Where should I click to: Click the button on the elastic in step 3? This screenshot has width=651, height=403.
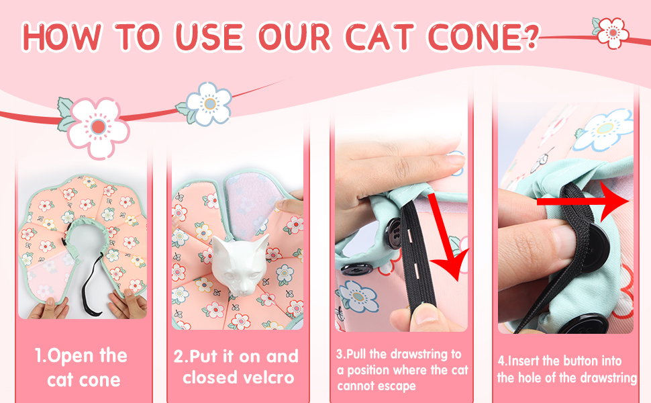click(x=395, y=229)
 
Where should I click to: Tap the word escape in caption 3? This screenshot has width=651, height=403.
click(x=401, y=386)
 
